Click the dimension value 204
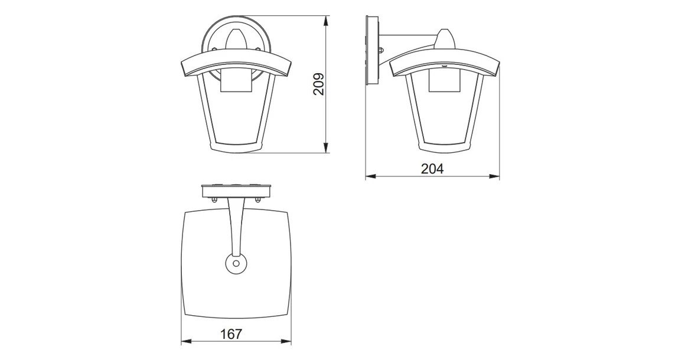432,169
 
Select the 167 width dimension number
231,334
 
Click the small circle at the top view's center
236,263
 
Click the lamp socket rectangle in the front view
236,82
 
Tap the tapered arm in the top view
236,224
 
